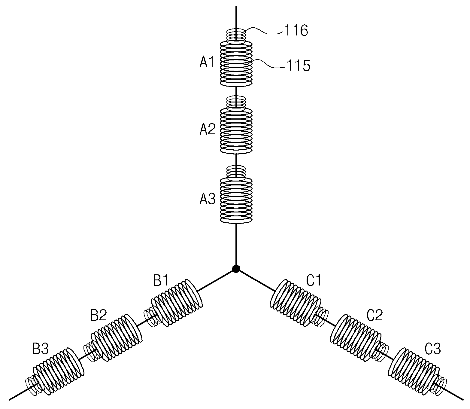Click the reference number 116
296,31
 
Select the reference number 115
298,66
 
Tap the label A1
207,62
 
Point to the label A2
208,129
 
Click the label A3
208,199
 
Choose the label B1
161,281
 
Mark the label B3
41,349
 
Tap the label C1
314,281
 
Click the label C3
432,349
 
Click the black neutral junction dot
236,269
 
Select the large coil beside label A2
236,130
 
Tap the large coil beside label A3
236,200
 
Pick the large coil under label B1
177,303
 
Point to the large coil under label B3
58,371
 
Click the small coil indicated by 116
236,36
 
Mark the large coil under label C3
414,371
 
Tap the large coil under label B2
117,337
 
